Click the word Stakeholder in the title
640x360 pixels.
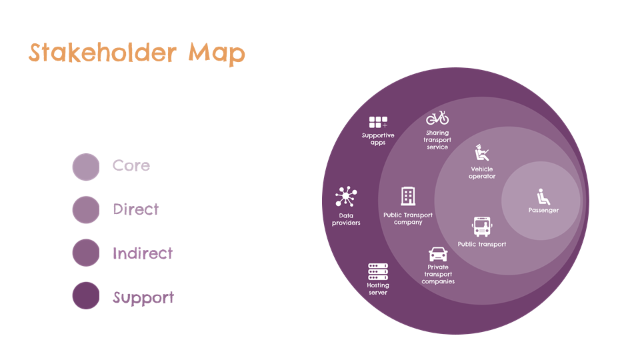tap(103, 53)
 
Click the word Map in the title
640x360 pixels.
tap(216, 54)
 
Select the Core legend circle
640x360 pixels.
tap(86, 167)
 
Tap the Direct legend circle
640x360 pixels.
tap(86, 210)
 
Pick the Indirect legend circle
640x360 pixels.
tap(86, 253)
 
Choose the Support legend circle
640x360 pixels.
tap(86, 295)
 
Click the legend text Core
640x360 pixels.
tap(131, 165)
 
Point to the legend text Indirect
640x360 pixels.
tap(143, 253)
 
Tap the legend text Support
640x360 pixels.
tap(143, 297)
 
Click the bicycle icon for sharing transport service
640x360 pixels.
tap(437, 118)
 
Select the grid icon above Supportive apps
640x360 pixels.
tap(378, 122)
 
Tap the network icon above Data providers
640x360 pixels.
tap(346, 196)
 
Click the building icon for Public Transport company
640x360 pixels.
tap(408, 196)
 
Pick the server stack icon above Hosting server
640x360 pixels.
tap(378, 271)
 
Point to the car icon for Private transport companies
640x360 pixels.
tap(438, 254)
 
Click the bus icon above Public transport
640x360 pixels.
tap(482, 227)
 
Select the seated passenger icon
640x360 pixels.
tap(543, 197)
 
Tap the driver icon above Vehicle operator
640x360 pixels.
tap(481, 153)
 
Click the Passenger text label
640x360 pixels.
tap(543, 210)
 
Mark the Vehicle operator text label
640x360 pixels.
tap(482, 173)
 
